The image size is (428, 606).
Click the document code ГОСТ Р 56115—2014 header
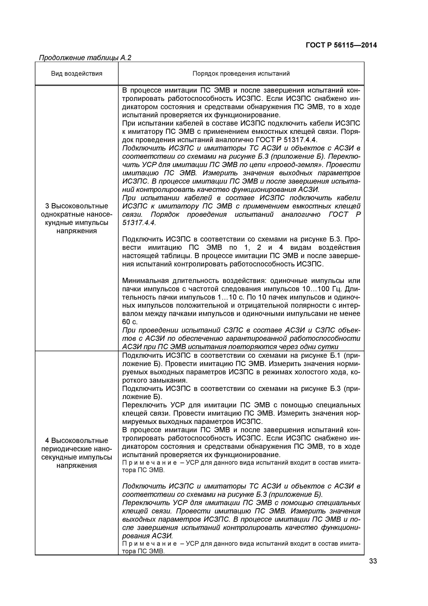pyautogui.click(x=341, y=45)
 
